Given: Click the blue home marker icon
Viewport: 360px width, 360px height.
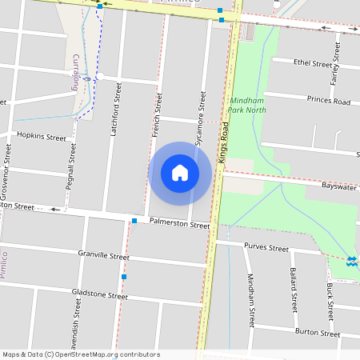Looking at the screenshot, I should pyautogui.click(x=180, y=173).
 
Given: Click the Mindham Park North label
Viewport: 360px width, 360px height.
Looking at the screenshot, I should pyautogui.click(x=246, y=106).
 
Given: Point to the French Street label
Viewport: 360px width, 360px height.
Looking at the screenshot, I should pyautogui.click(x=158, y=114).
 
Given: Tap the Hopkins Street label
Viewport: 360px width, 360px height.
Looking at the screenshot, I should pyautogui.click(x=41, y=137).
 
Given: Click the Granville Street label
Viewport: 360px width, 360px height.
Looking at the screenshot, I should pyautogui.click(x=103, y=256).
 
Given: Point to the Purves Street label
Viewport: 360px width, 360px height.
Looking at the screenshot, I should pyautogui.click(x=266, y=248).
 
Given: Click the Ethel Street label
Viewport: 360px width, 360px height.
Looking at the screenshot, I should pyautogui.click(x=313, y=62).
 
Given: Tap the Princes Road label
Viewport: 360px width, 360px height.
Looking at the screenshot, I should pyautogui.click(x=329, y=102).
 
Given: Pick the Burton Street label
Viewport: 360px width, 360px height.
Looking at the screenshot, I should pyautogui.click(x=318, y=330).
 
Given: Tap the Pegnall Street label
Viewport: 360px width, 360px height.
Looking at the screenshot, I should pyautogui.click(x=72, y=169).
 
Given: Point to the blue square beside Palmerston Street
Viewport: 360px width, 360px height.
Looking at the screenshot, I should pyautogui.click(x=134, y=220).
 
